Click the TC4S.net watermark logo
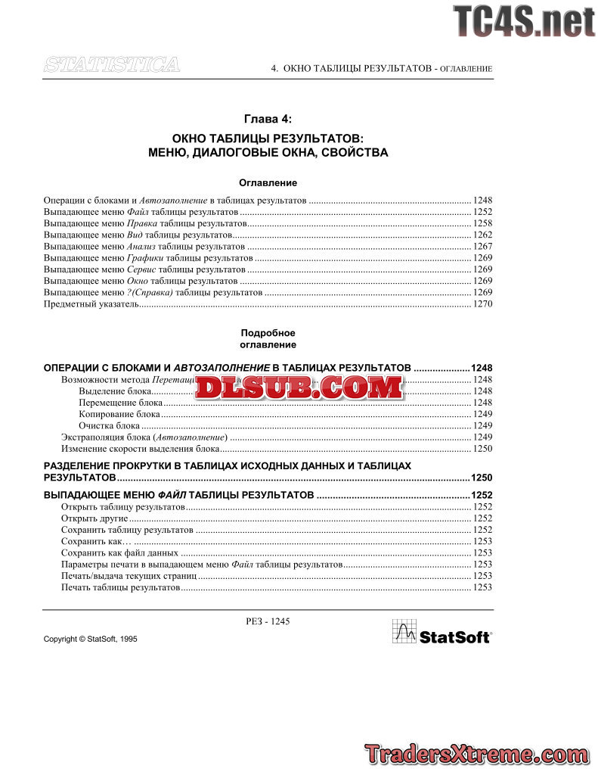tap(524, 20)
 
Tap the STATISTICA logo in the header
tap(112, 65)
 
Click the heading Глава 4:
tap(268, 119)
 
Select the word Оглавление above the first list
tap(268, 183)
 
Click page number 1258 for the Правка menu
tap(482, 224)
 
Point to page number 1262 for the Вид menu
tap(482, 235)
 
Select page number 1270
tap(482, 304)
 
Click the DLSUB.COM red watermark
tap(299, 387)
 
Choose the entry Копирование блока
tap(119, 415)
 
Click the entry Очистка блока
tap(109, 426)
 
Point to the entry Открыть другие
tap(95, 518)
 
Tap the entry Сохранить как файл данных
tap(119, 553)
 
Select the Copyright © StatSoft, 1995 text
tap(91, 640)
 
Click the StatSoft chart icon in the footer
tap(404, 631)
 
